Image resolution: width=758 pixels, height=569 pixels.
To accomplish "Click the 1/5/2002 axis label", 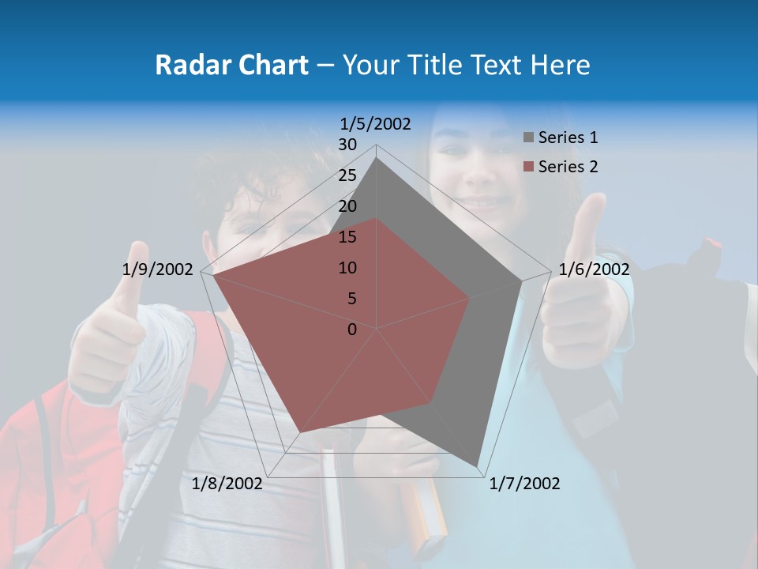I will [x=376, y=123].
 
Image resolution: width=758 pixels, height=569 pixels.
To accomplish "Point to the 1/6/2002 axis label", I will [x=594, y=269].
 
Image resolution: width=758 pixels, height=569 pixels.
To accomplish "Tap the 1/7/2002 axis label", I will [x=524, y=484].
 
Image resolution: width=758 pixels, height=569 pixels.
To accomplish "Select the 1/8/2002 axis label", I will [x=227, y=484].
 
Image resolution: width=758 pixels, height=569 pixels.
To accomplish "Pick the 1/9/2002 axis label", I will [x=158, y=269].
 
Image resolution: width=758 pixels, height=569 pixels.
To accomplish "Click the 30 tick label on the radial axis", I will [x=347, y=145].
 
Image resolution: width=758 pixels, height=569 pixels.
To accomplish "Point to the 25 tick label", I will [x=347, y=175].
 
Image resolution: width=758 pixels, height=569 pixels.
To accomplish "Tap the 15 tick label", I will [x=347, y=237].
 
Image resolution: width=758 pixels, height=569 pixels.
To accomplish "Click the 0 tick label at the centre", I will [x=352, y=330].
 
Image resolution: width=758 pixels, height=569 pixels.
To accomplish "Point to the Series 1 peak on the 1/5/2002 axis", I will [x=377, y=158].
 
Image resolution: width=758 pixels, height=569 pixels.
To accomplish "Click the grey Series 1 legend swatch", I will [x=528, y=138].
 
